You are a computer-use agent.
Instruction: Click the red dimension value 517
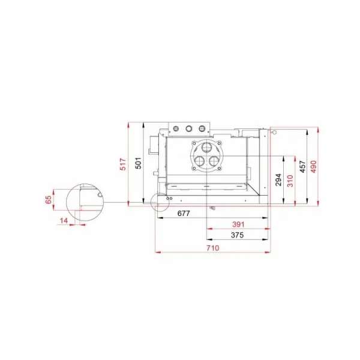[123, 164]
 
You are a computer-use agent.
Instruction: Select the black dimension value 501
[138, 163]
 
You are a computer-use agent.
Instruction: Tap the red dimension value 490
[314, 166]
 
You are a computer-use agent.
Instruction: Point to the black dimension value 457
[303, 166]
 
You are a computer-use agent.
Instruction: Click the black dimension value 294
[278, 180]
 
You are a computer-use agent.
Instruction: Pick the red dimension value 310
[290, 181]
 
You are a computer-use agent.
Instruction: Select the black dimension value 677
[184, 214]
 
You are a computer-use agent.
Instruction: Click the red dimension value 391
[238, 224]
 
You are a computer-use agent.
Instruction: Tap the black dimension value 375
[237, 235]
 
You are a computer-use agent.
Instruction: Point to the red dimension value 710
[212, 248]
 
